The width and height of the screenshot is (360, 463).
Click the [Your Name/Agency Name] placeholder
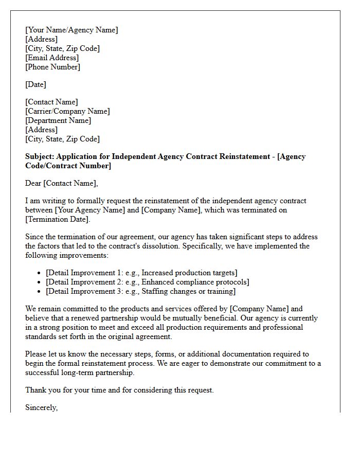pyautogui.click(x=71, y=30)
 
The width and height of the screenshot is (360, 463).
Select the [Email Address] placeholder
pyautogui.click(x=52, y=58)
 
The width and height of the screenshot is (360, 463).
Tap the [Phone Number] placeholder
pyautogui.click(x=52, y=67)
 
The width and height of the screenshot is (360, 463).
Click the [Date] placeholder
pyautogui.click(x=35, y=84)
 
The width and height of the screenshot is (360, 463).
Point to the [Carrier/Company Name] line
pyautogui.click(x=67, y=111)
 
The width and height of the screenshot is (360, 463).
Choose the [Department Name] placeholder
pyautogui.click(x=58, y=120)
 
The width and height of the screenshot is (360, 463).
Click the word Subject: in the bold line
pyautogui.click(x=40, y=156)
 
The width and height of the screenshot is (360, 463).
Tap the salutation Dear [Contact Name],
pyautogui.click(x=61, y=183)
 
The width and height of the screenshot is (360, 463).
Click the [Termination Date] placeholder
pyautogui.click(x=57, y=219)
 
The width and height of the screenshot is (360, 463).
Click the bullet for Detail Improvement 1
pyautogui.click(x=40, y=273)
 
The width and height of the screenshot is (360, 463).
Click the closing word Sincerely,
pyautogui.click(x=42, y=407)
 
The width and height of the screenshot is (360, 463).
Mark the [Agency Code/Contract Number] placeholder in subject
pyautogui.click(x=68, y=166)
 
